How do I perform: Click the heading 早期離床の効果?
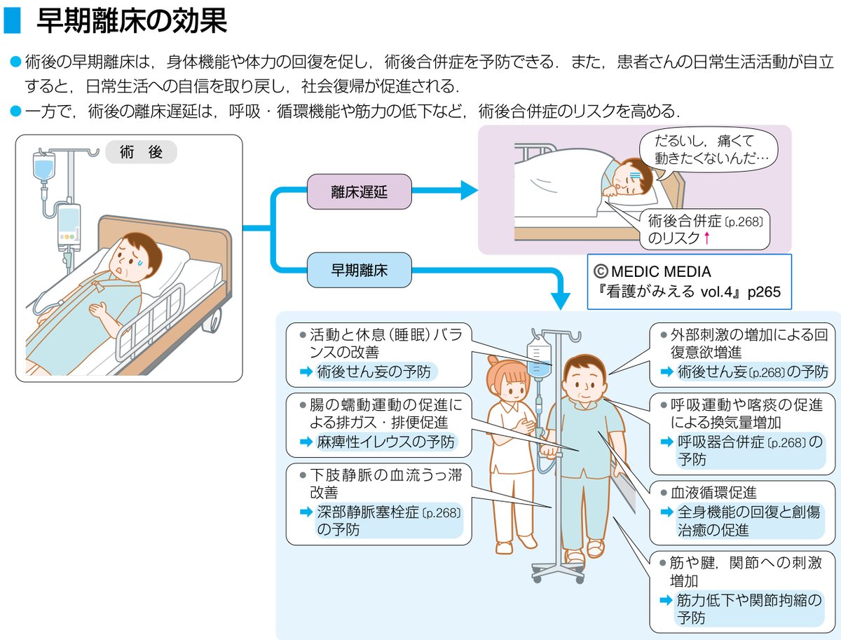[x=131, y=21]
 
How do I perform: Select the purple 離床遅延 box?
[x=359, y=191]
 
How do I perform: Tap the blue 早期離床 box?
[x=359, y=269]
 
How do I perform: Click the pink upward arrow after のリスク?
[x=707, y=238]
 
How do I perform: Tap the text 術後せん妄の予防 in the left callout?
[x=371, y=372]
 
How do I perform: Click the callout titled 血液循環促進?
[x=742, y=512]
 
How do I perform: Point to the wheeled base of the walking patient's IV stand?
[x=557, y=571]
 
